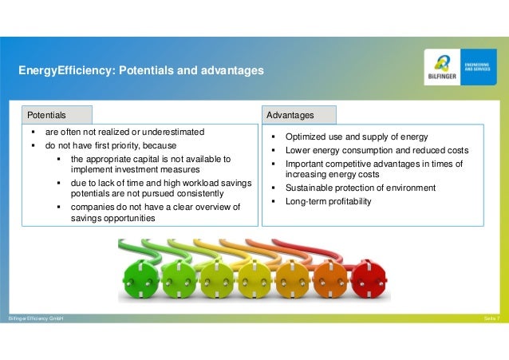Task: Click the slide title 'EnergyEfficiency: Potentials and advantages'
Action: [141, 71]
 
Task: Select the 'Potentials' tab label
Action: [46, 115]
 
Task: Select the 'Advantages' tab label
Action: [290, 115]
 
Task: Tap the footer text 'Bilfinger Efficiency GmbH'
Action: [35, 318]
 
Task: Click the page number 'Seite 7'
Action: [491, 318]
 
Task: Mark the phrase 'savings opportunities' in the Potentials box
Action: [111, 218]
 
